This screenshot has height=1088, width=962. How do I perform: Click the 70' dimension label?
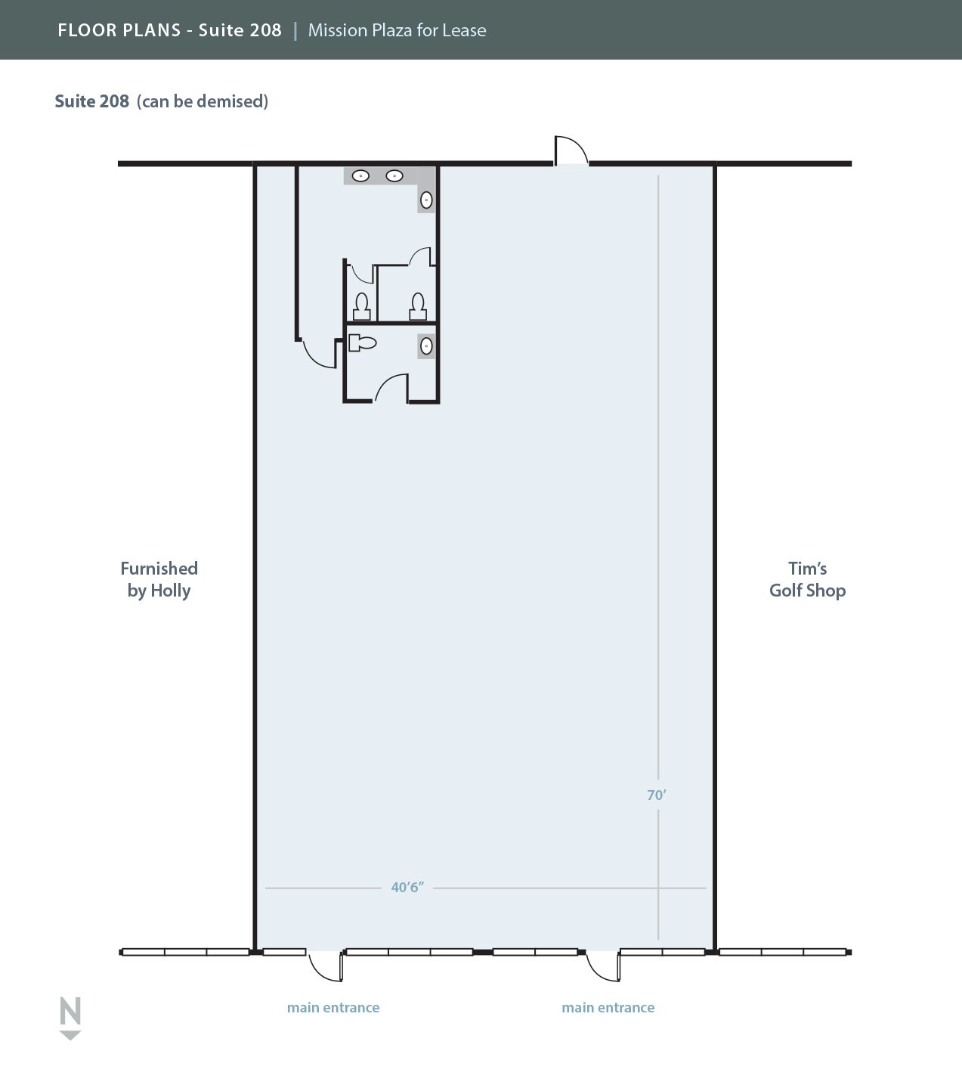tap(657, 795)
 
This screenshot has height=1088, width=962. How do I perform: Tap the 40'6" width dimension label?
tap(407, 888)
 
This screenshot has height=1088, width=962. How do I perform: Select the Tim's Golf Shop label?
tap(807, 579)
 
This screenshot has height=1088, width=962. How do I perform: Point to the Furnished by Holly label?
tap(159, 579)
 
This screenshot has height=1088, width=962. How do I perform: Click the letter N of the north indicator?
tap(70, 1011)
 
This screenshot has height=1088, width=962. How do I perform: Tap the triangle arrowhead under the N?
tap(70, 1035)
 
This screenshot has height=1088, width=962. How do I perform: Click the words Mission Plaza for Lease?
tap(397, 30)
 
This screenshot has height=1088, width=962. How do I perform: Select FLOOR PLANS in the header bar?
tap(119, 30)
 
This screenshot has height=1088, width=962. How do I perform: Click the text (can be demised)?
tap(203, 101)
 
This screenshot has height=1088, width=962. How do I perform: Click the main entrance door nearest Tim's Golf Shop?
tap(603, 966)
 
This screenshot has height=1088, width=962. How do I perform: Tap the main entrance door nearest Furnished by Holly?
tap(325, 966)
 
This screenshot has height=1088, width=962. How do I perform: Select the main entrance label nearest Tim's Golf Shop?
tap(608, 1007)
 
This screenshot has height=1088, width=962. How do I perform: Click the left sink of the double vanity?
tap(360, 175)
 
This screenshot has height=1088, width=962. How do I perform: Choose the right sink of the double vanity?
tap(394, 175)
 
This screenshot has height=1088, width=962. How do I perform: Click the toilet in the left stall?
tap(362, 307)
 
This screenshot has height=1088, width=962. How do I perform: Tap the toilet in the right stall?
tap(418, 307)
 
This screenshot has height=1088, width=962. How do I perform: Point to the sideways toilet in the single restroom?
tap(363, 343)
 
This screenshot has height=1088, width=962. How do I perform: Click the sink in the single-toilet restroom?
tap(426, 346)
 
